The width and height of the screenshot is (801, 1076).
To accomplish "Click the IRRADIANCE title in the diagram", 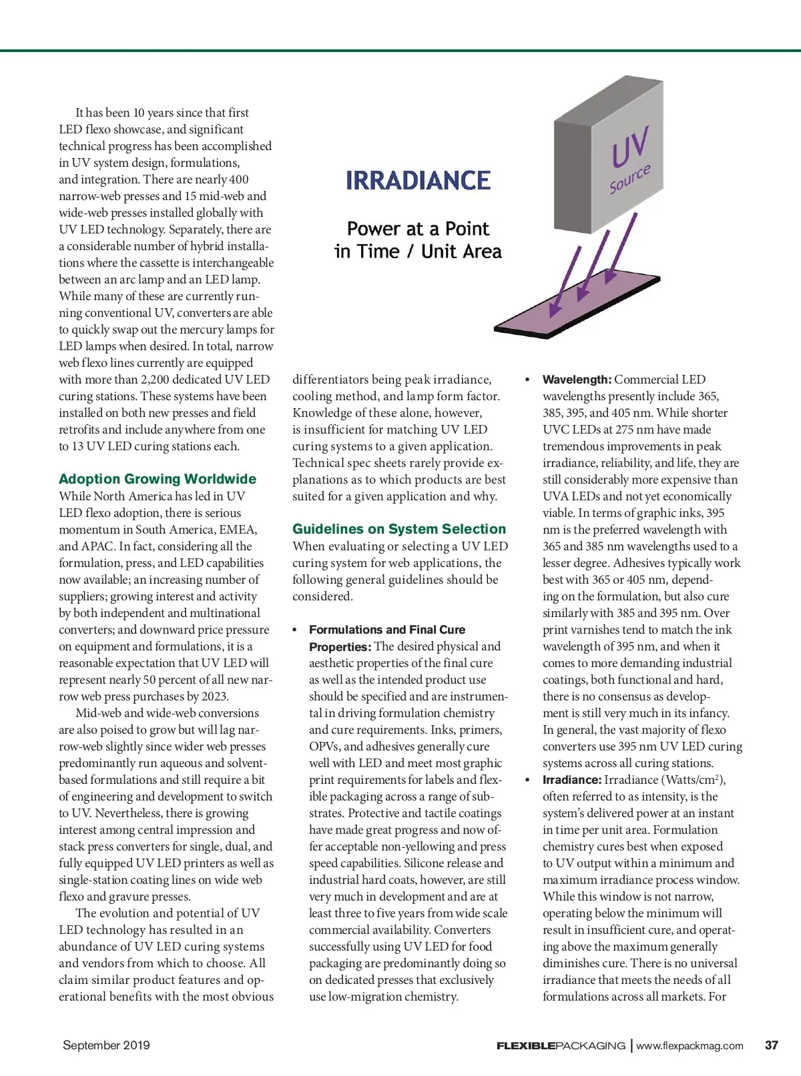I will click(419, 180).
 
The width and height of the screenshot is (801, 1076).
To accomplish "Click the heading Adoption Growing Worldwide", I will click(158, 479).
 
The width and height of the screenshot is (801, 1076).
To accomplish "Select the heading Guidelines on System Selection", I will click(399, 529).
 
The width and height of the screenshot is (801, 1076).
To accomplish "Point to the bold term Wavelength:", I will click(577, 380).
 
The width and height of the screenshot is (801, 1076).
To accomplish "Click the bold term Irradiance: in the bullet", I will click(572, 780).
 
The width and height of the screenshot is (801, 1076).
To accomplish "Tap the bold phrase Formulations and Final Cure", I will click(387, 630).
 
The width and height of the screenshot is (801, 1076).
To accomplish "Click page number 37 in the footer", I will click(771, 1045).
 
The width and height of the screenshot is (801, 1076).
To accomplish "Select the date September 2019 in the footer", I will click(106, 1045).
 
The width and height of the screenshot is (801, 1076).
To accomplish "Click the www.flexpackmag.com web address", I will click(690, 1045).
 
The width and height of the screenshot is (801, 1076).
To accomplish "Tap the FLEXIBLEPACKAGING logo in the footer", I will click(561, 1045).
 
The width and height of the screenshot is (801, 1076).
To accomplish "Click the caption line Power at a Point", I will click(418, 229).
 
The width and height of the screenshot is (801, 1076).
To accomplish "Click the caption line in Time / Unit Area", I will click(418, 251).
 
